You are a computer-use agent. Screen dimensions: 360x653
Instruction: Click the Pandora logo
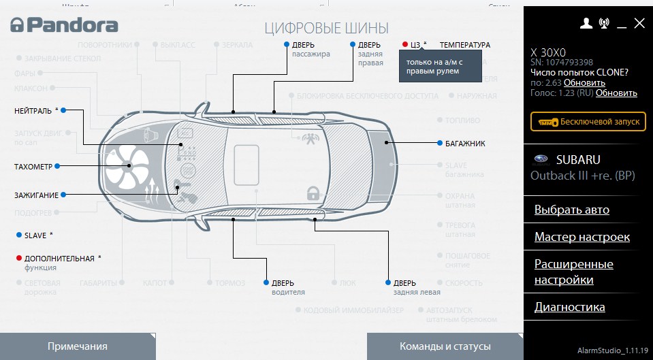pyautogui.click(x=63, y=26)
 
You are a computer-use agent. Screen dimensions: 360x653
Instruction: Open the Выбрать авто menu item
pyautogui.click(x=571, y=210)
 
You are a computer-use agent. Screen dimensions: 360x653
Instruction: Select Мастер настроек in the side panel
pyautogui.click(x=582, y=237)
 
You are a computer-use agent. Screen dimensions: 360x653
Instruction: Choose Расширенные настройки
pyautogui.click(x=573, y=272)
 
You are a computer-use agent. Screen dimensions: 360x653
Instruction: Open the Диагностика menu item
pyautogui.click(x=569, y=307)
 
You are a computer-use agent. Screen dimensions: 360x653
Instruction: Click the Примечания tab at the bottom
pyautogui.click(x=77, y=346)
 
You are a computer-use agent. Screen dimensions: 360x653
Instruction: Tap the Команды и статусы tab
pyautogui.click(x=445, y=346)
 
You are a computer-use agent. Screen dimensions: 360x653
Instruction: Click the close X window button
pyautogui.click(x=639, y=23)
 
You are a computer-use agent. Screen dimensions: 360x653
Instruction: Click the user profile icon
pyautogui.click(x=586, y=23)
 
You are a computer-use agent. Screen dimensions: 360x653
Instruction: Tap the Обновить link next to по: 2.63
pyautogui.click(x=584, y=83)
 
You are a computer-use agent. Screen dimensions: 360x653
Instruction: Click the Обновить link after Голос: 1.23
pyautogui.click(x=616, y=93)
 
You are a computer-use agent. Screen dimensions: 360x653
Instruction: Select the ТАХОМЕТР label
pyautogui.click(x=33, y=166)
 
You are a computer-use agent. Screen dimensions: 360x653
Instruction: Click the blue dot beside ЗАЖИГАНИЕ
pyautogui.click(x=63, y=195)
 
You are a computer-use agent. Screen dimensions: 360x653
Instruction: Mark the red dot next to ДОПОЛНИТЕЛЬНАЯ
pyautogui.click(x=18, y=259)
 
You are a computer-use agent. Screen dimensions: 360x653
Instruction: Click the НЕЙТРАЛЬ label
pyautogui.click(x=33, y=110)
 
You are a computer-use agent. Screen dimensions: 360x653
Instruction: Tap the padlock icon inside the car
pyautogui.click(x=313, y=193)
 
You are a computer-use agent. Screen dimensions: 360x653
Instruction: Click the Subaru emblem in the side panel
pyautogui.click(x=541, y=160)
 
